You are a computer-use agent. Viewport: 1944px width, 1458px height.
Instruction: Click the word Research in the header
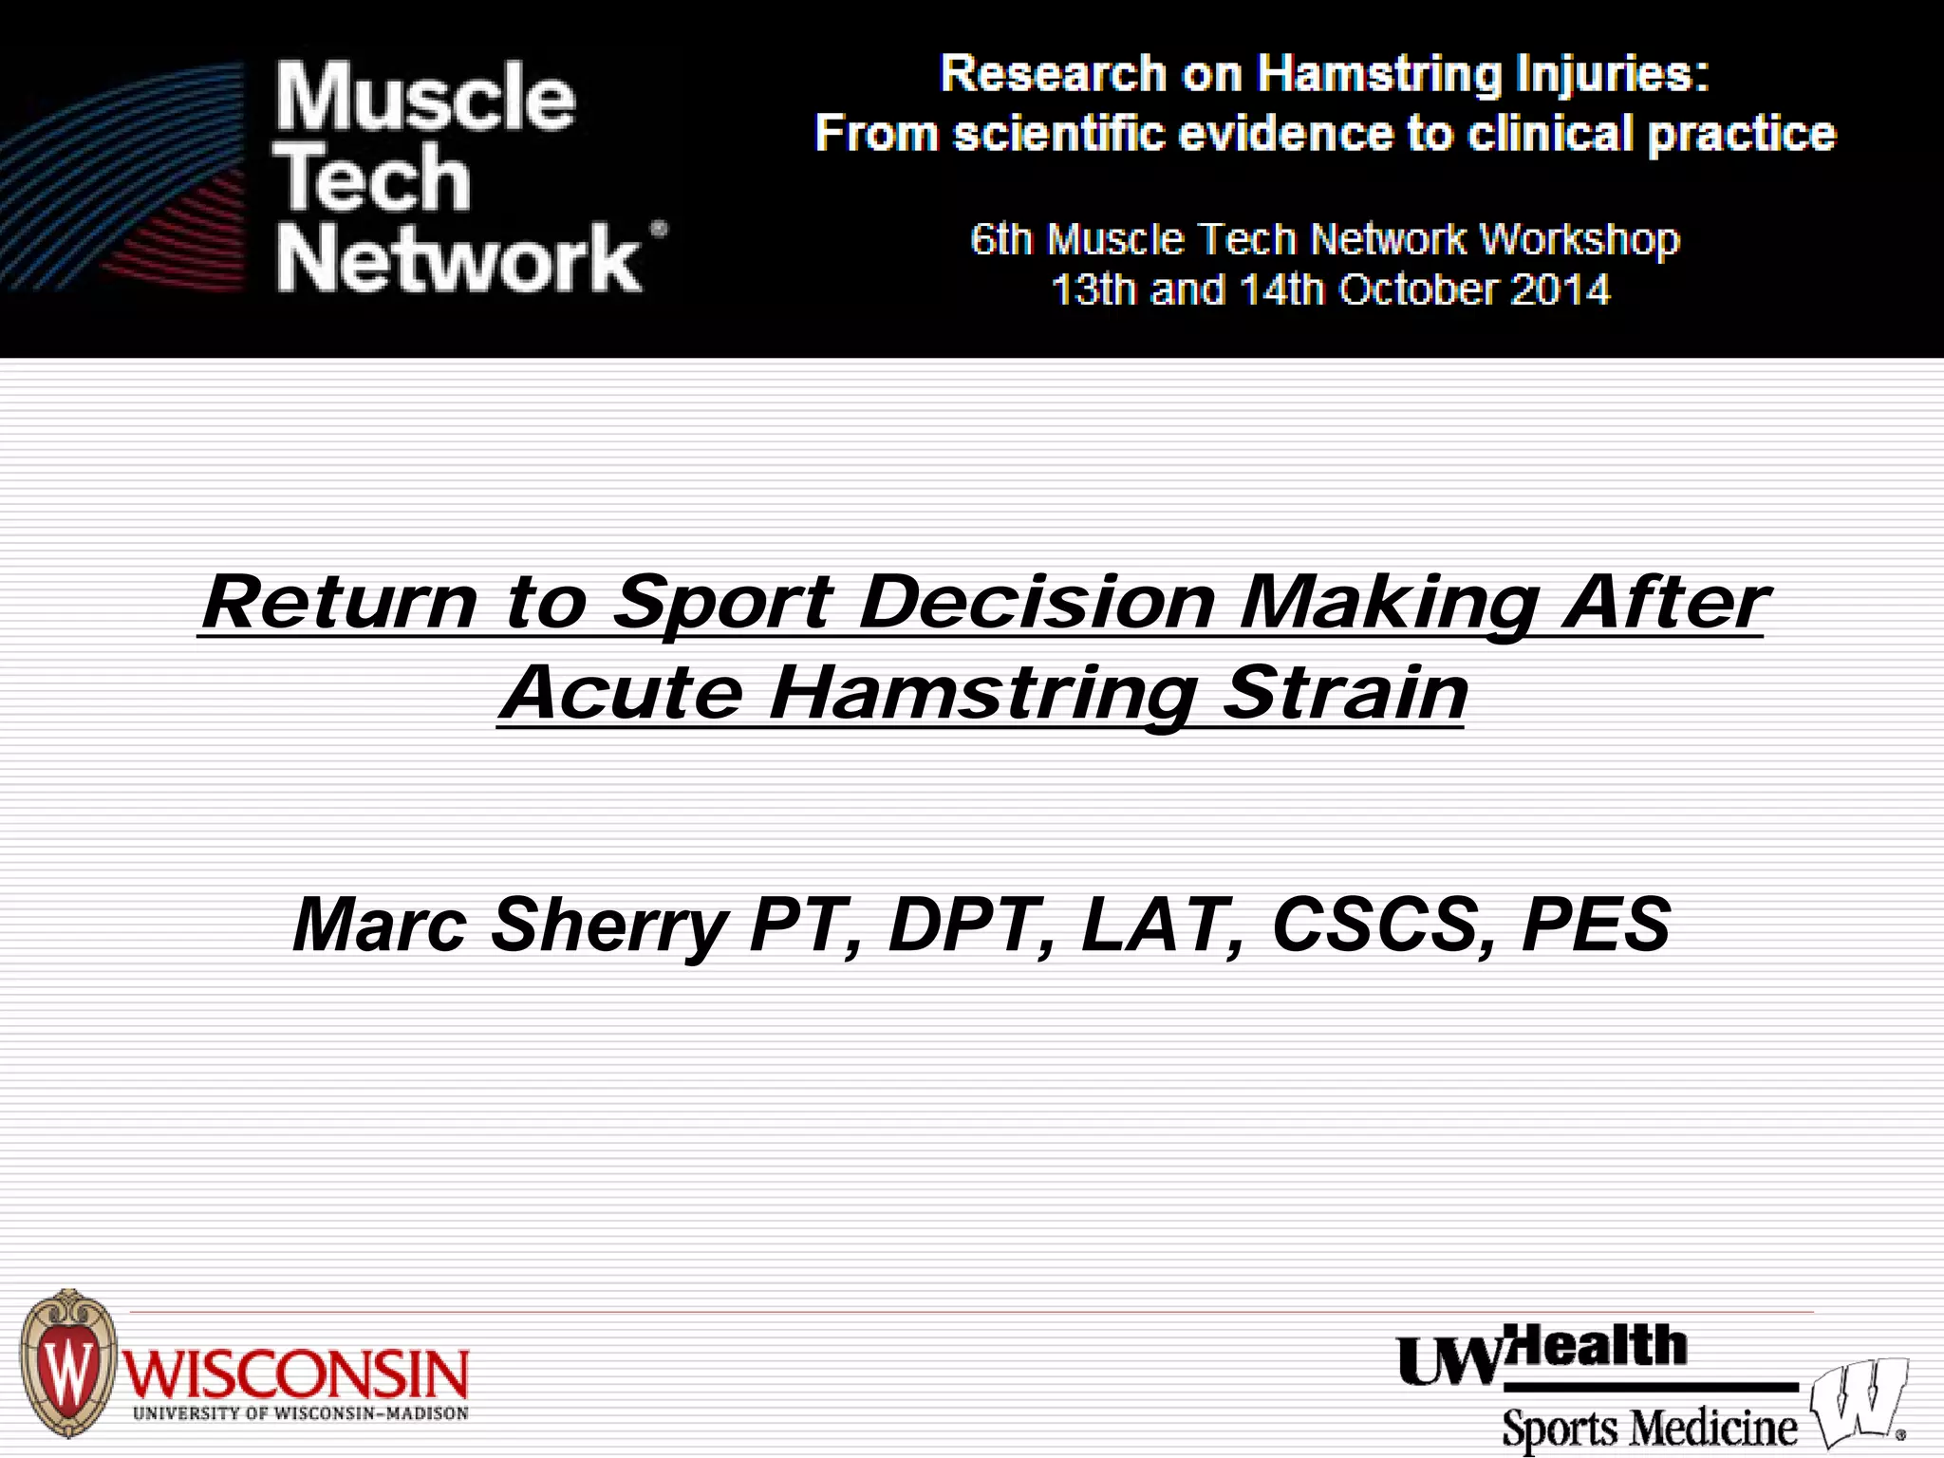pos(1053,74)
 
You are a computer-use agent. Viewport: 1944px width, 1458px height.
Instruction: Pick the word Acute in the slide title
pos(622,693)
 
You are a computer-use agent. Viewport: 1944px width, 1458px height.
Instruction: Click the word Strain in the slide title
pos(1345,693)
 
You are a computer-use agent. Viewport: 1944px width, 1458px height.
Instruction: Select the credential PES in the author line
pos(1595,925)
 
